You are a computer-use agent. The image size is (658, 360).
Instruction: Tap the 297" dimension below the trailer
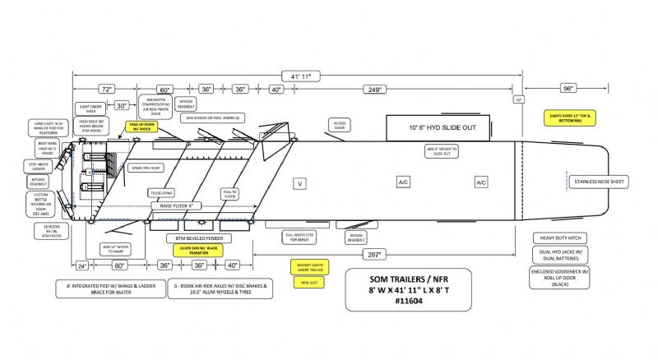click(x=375, y=254)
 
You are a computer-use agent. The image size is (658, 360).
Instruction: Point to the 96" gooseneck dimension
click(x=567, y=89)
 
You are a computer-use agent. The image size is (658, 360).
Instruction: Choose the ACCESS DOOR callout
click(x=340, y=125)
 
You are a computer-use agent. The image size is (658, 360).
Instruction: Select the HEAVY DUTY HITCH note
click(x=567, y=238)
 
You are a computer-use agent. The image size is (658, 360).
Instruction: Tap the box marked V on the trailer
click(x=301, y=182)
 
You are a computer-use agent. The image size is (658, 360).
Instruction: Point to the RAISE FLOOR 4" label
click(x=177, y=205)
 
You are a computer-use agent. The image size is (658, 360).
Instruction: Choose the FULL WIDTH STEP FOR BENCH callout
click(x=301, y=238)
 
